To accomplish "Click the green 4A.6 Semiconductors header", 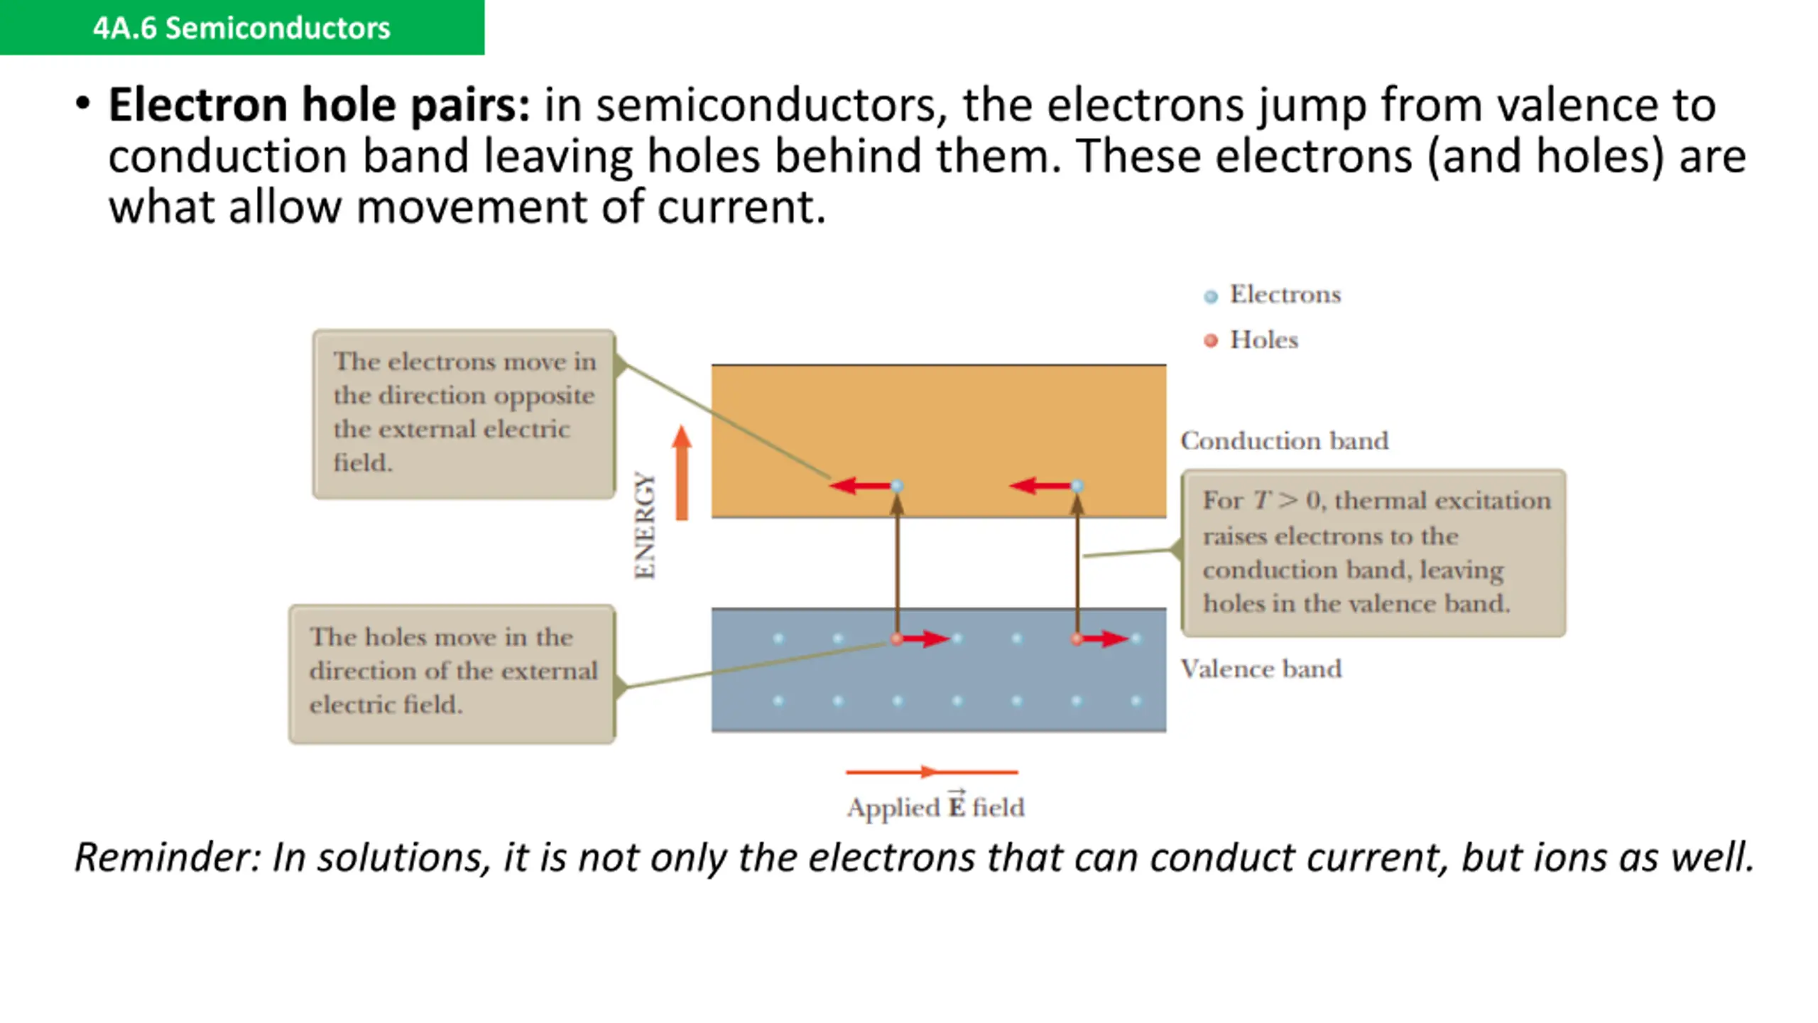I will tap(241, 28).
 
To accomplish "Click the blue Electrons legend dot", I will tap(1211, 296).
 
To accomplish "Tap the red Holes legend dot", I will tap(1211, 341).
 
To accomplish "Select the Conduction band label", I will tap(1284, 441).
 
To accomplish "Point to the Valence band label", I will tap(1261, 669).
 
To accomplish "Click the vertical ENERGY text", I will tap(645, 526).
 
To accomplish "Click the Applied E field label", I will tap(935, 808).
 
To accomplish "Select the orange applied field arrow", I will tap(932, 772).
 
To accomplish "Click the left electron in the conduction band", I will tap(897, 486).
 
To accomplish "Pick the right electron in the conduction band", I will tap(1077, 486).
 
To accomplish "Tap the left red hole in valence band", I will tap(897, 639).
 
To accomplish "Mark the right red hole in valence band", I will tap(1077, 639).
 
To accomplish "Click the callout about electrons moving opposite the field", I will tap(464, 413).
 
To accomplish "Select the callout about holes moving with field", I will tap(452, 673).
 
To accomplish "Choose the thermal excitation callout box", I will tap(1373, 553).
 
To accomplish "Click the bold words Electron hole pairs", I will tap(319, 105).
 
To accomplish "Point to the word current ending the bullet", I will tap(741, 207).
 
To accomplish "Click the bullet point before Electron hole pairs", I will tap(83, 104).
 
